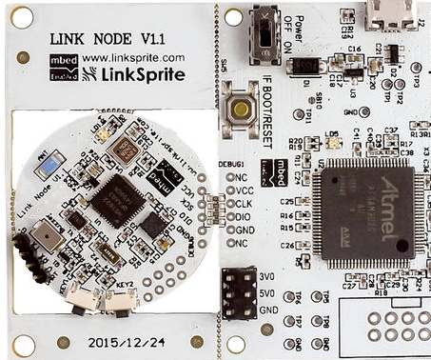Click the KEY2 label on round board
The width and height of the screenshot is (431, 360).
pos(125,285)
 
